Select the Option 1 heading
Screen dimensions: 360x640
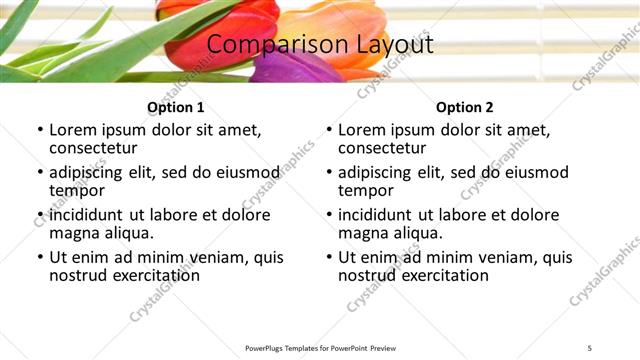[x=176, y=107]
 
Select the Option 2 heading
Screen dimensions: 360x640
[x=465, y=107]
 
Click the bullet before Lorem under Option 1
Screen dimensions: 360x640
[x=39, y=130]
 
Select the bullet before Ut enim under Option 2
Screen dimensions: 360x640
[x=328, y=257]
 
